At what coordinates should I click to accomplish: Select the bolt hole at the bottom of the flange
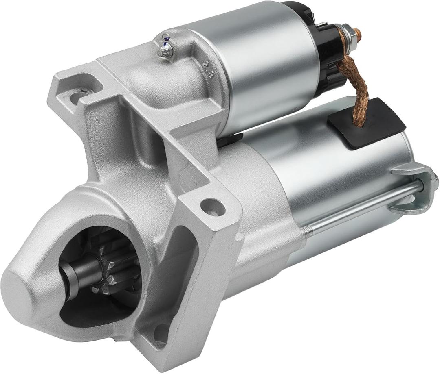pos(161,333)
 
